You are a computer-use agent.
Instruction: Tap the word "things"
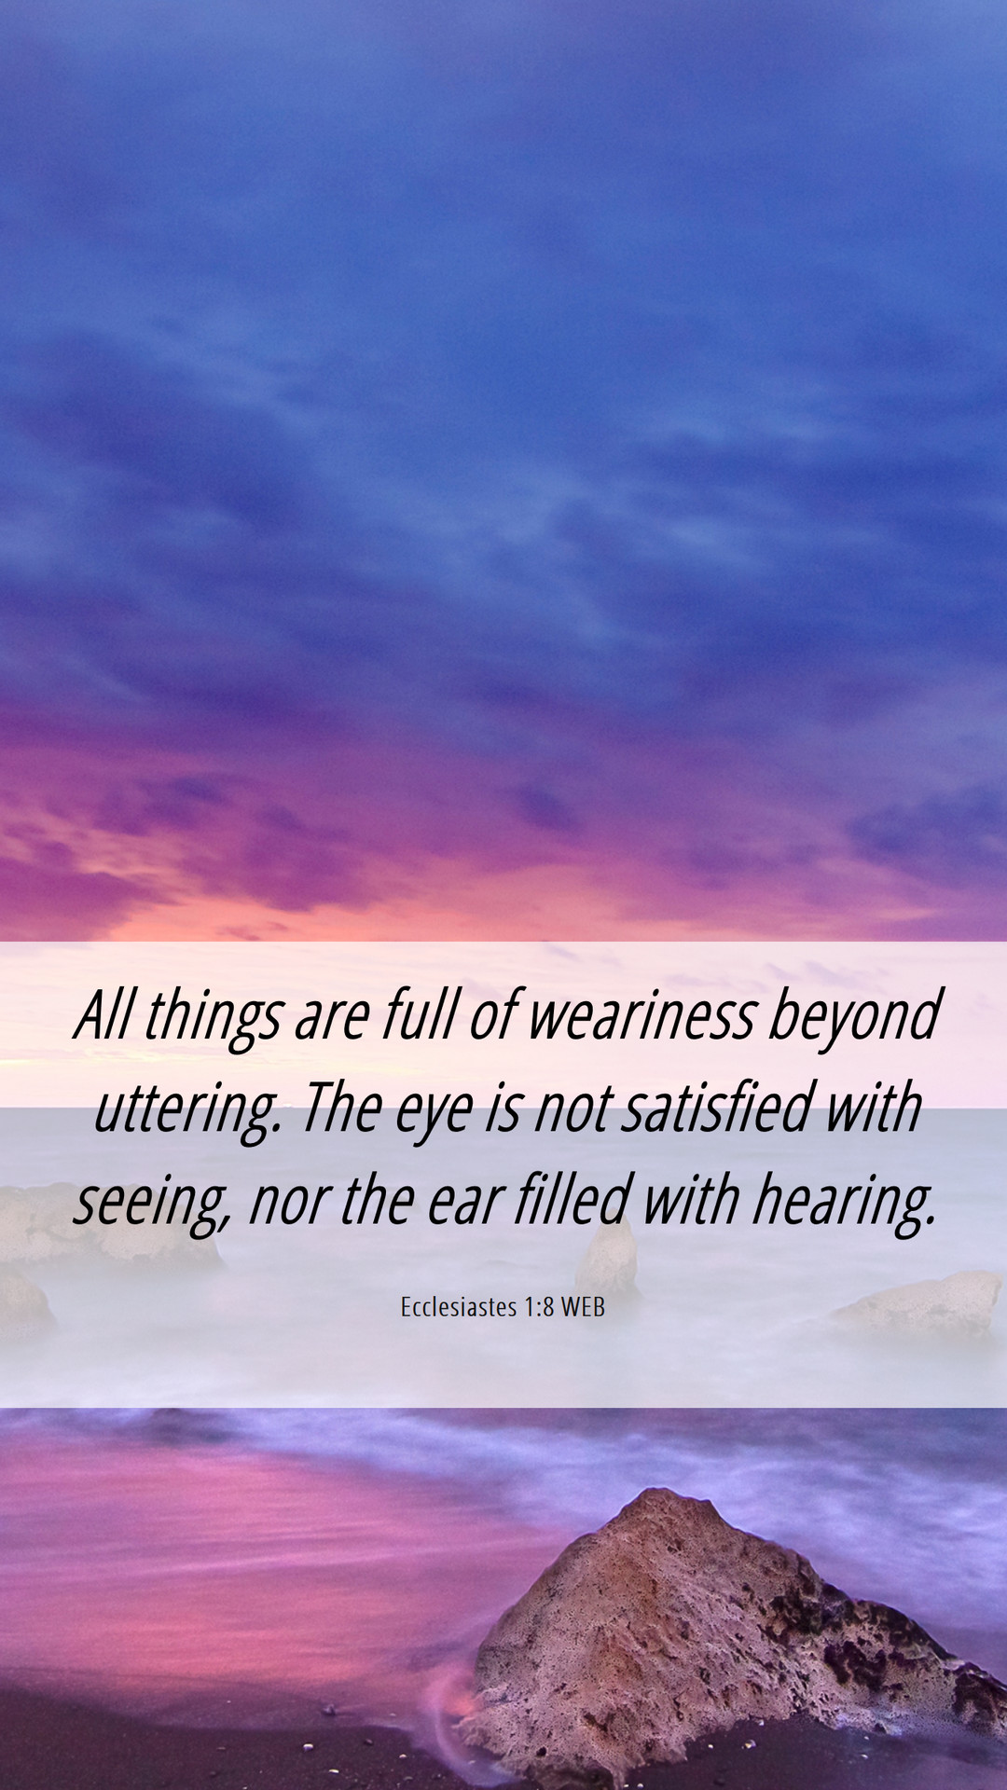coord(214,1019)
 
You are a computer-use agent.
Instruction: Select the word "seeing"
coord(152,1204)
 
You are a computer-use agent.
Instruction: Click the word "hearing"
coord(844,1204)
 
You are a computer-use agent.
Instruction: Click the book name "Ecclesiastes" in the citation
coord(459,1307)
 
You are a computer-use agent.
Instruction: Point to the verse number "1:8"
coord(539,1307)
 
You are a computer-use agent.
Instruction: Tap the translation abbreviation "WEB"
coord(583,1307)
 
